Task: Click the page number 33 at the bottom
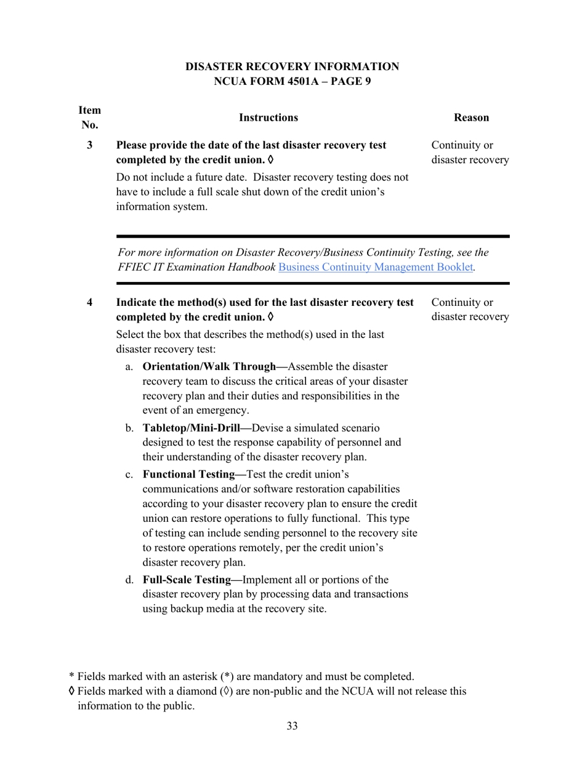click(x=292, y=726)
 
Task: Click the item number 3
click(x=90, y=145)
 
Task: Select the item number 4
click(x=90, y=302)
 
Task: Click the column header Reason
click(x=470, y=118)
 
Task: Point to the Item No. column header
click(x=90, y=118)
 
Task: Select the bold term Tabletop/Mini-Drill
click(x=193, y=428)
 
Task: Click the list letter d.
click(x=129, y=580)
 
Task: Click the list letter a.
click(x=129, y=367)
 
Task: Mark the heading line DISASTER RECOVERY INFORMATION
click(x=292, y=66)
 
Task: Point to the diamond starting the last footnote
click(x=72, y=691)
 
